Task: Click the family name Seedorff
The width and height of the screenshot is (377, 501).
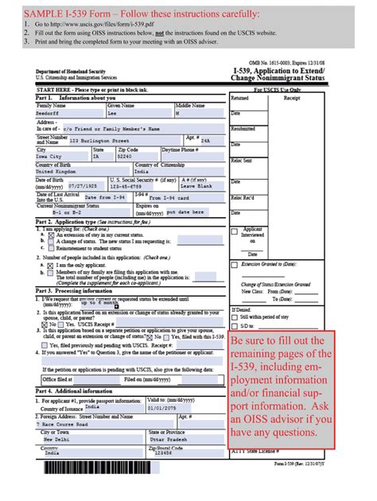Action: click(49, 113)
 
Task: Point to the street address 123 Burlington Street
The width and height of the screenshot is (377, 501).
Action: click(98, 140)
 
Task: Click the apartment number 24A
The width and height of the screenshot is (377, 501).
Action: click(205, 140)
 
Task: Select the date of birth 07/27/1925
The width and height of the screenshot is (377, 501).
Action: click(85, 187)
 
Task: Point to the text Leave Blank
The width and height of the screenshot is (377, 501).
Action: click(199, 187)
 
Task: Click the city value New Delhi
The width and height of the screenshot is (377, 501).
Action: click(59, 439)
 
